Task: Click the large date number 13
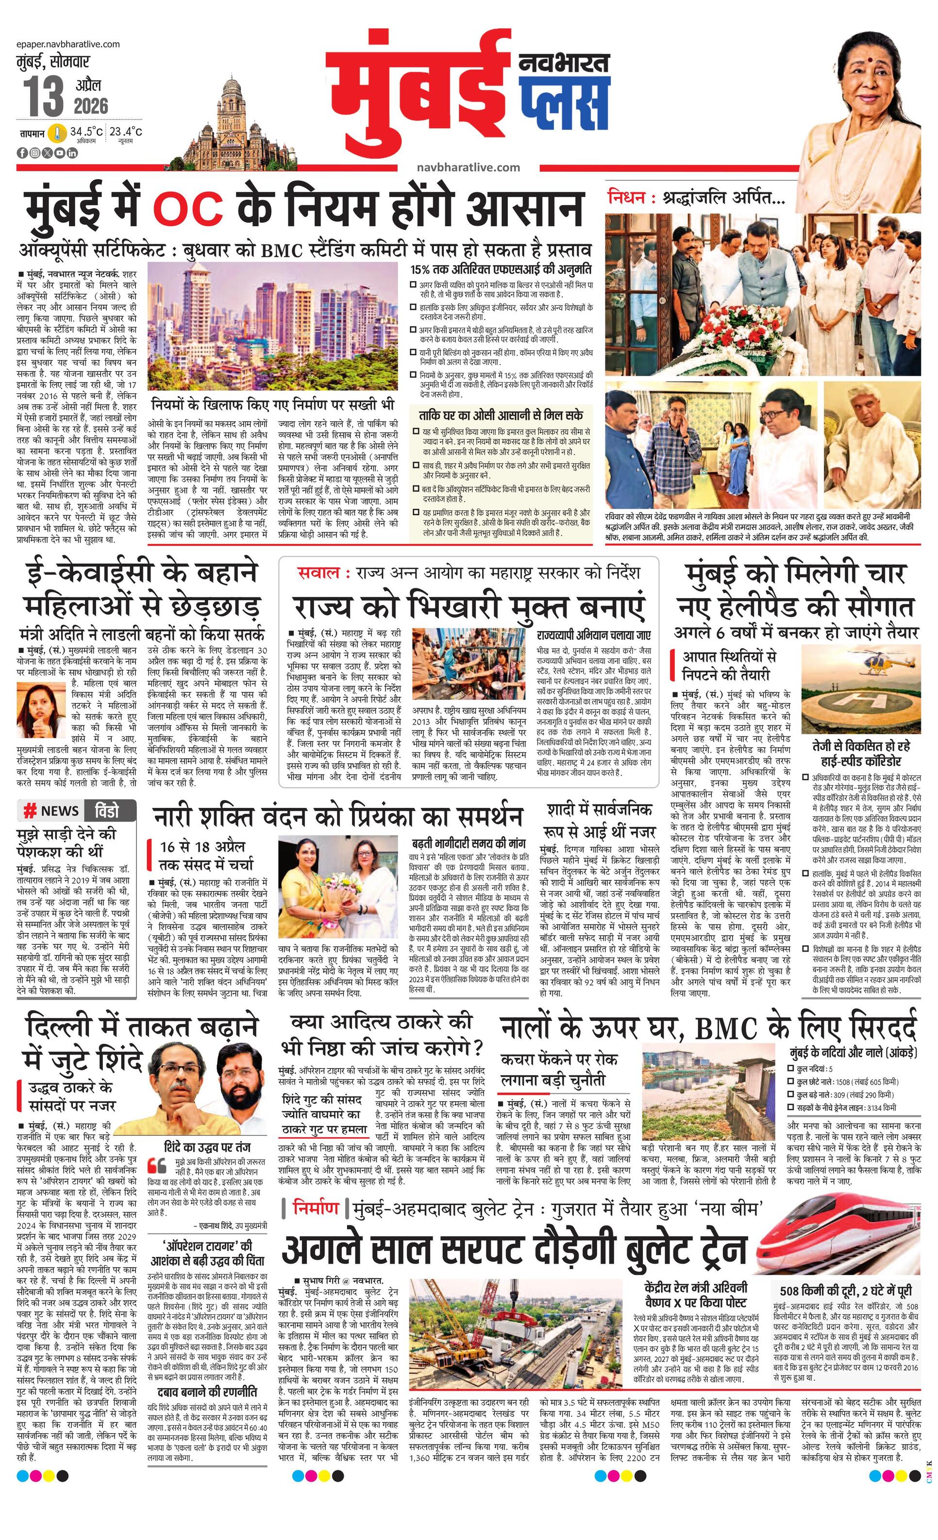(x=44, y=96)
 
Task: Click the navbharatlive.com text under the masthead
(x=468, y=167)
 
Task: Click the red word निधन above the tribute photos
(x=626, y=198)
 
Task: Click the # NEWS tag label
(x=50, y=811)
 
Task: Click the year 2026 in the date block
(x=91, y=106)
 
